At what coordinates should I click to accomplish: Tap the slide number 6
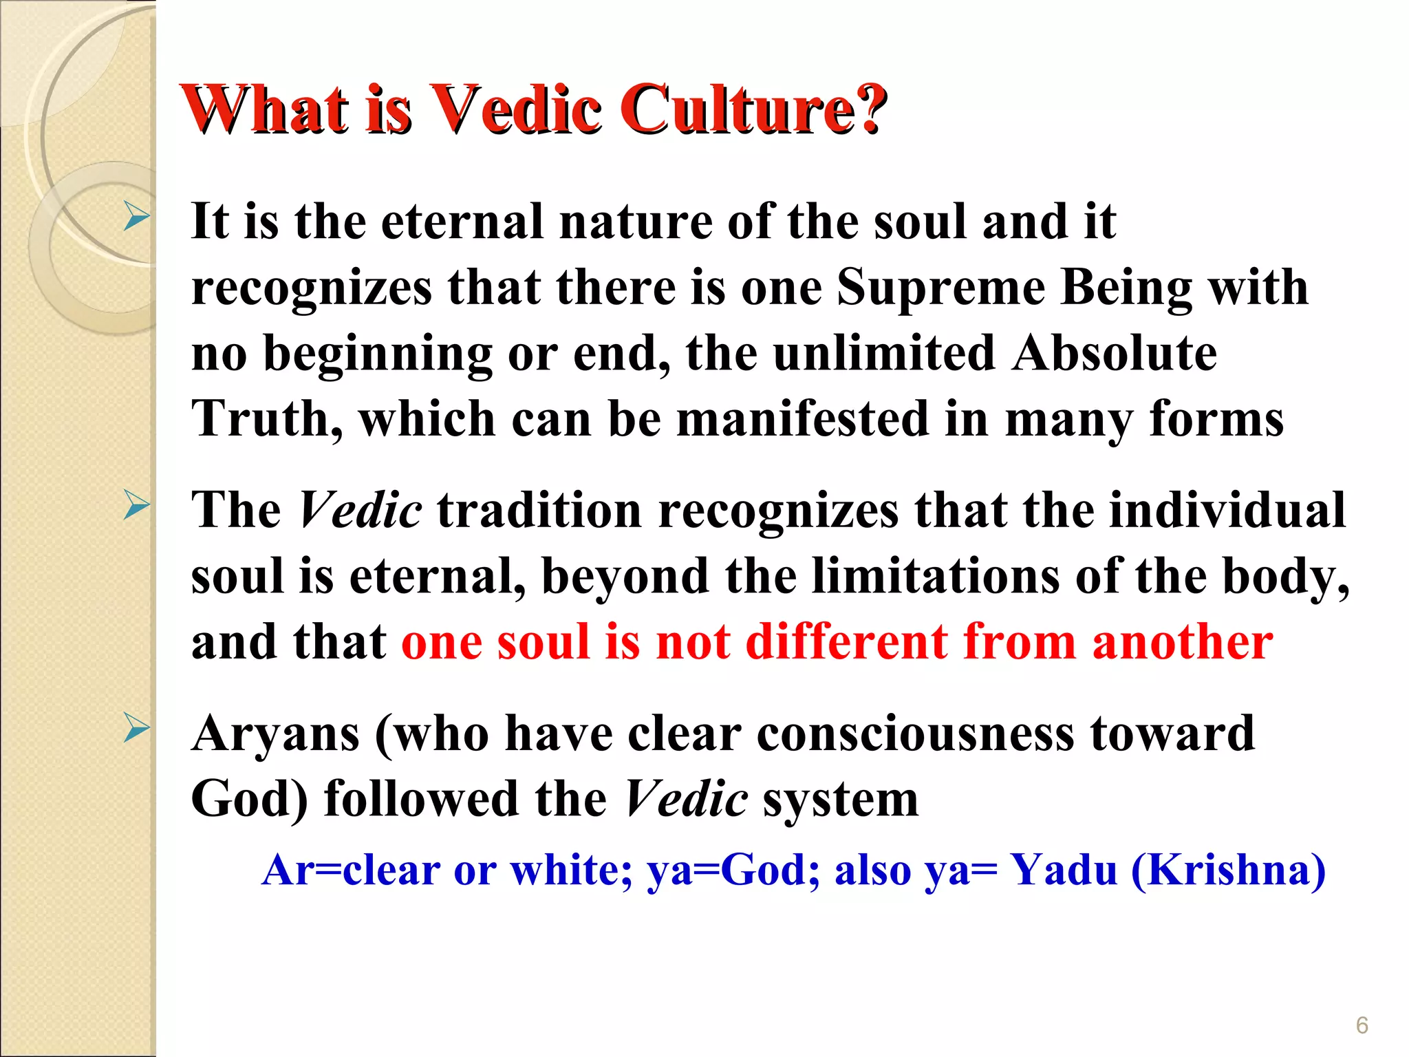1362,1025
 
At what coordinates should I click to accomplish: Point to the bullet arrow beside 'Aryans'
137,729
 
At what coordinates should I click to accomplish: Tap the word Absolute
1115,353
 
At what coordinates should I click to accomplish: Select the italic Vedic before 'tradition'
360,511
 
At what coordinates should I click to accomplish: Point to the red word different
846,642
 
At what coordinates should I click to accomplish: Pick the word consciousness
915,734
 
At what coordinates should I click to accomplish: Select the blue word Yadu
1064,870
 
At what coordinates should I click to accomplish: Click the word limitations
936,576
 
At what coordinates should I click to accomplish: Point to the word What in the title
265,110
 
